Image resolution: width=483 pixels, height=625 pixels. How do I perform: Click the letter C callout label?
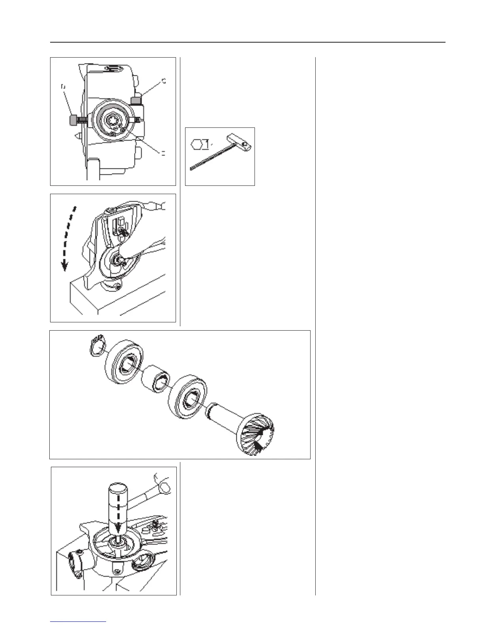click(164, 82)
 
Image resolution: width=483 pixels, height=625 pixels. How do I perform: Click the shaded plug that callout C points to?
click(136, 99)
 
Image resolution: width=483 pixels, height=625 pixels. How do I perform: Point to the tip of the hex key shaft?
click(191, 169)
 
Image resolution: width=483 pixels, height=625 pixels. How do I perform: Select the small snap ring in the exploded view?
click(96, 345)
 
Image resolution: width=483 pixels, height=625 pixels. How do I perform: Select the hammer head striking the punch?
click(162, 482)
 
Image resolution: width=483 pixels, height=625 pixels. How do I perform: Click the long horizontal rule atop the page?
click(247, 42)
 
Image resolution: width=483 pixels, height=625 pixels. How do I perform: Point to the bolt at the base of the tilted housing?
click(116, 285)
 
